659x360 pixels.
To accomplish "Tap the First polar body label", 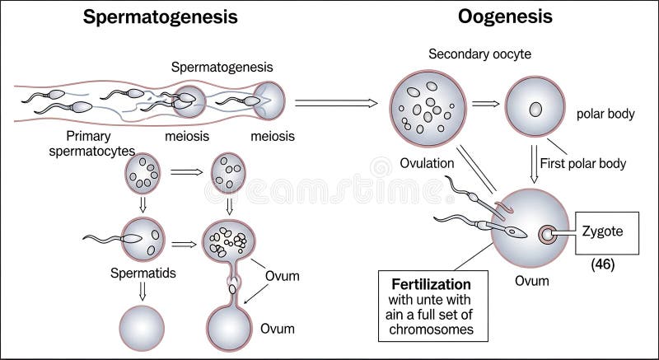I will (582, 163).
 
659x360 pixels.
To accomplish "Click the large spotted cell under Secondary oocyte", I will (424, 106).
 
